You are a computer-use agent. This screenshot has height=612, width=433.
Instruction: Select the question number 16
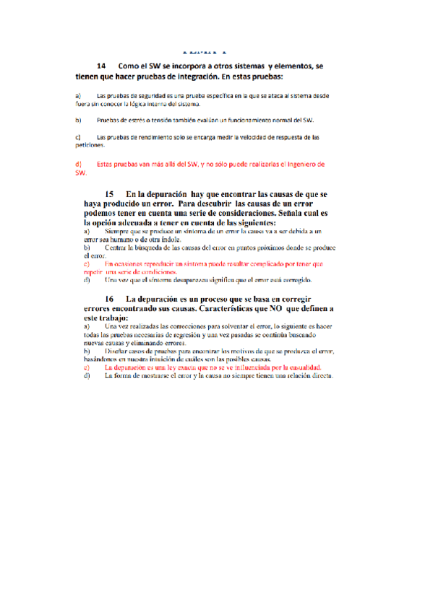click(x=110, y=299)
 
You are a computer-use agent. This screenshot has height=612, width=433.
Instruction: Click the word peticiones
click(x=90, y=144)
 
